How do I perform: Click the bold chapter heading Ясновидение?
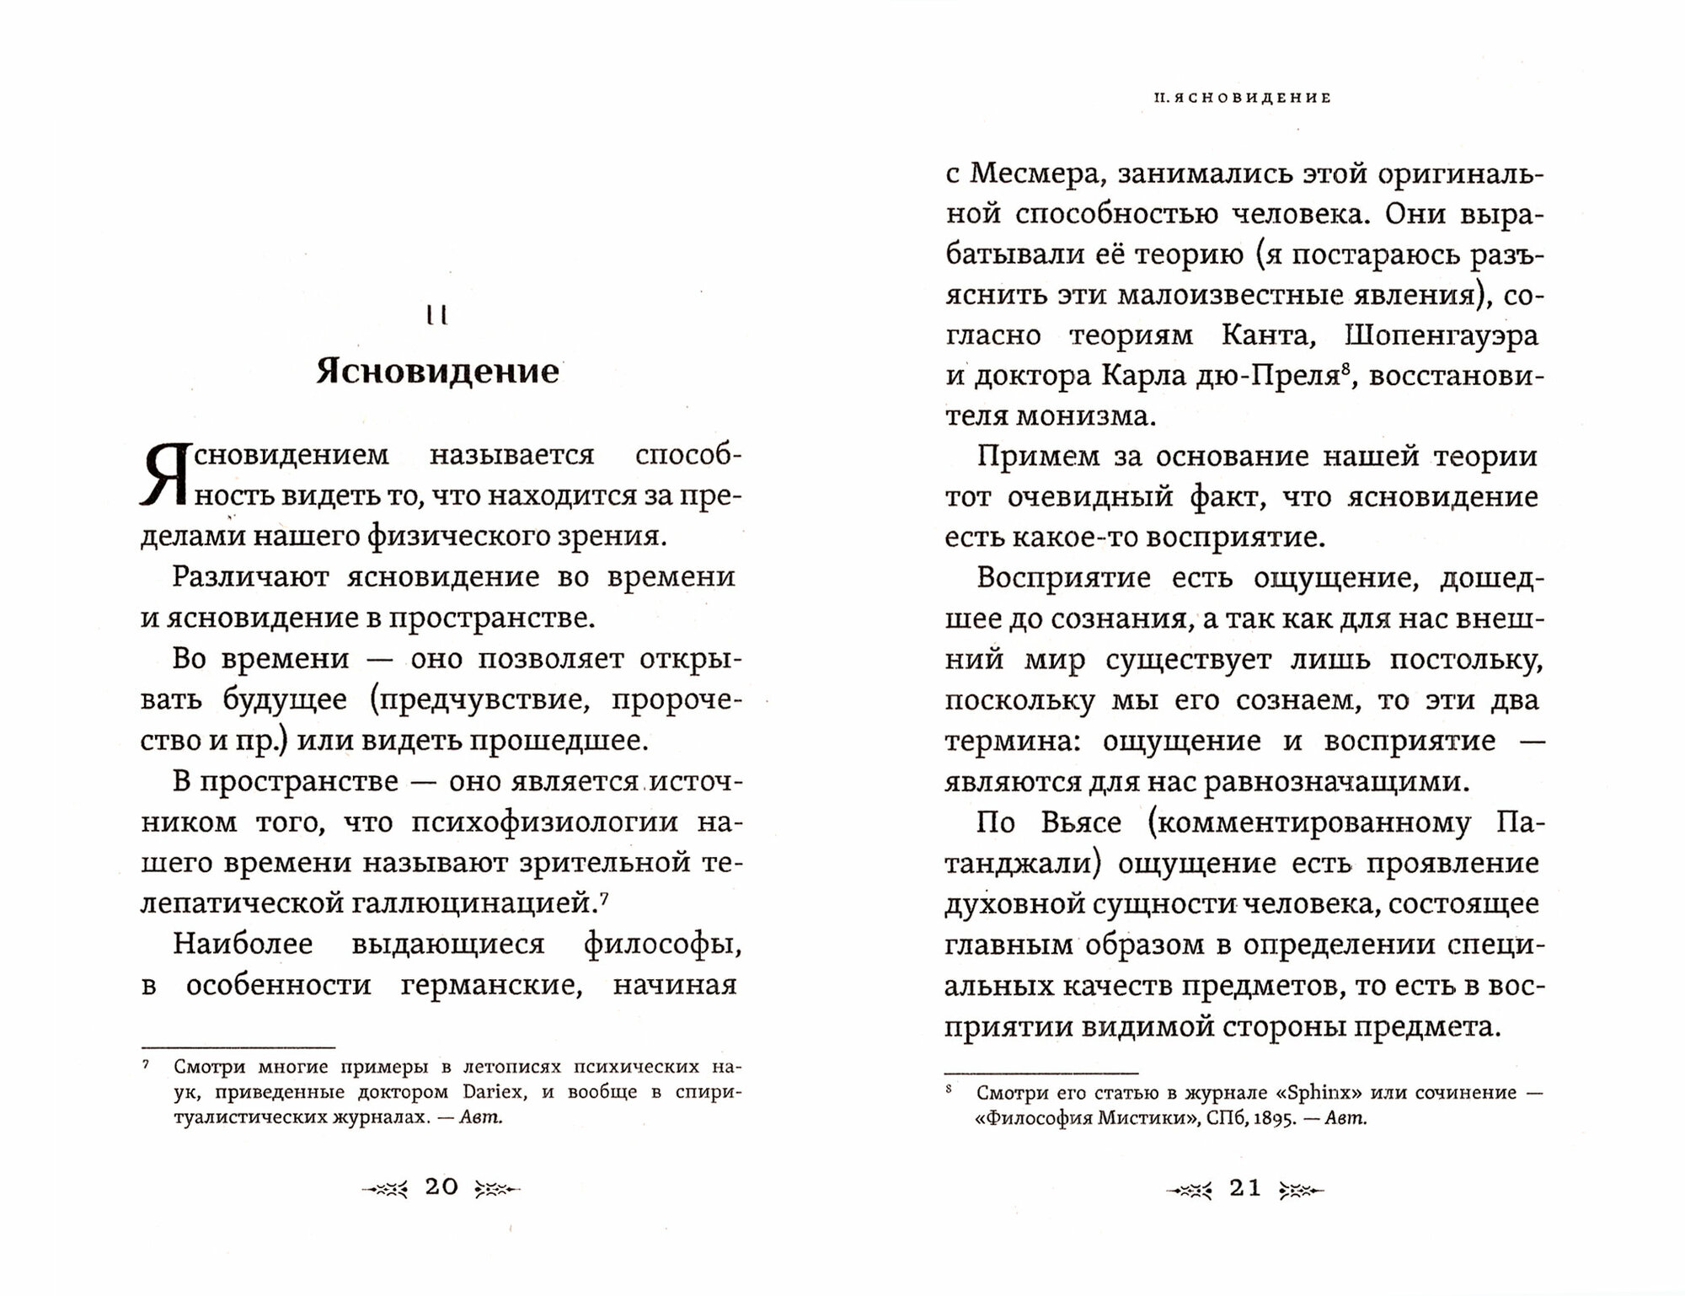coord(437,372)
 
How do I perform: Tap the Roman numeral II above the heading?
coord(437,316)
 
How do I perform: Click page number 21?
coord(1245,1187)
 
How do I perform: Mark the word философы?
coord(662,944)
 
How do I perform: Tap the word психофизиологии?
coord(544,822)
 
